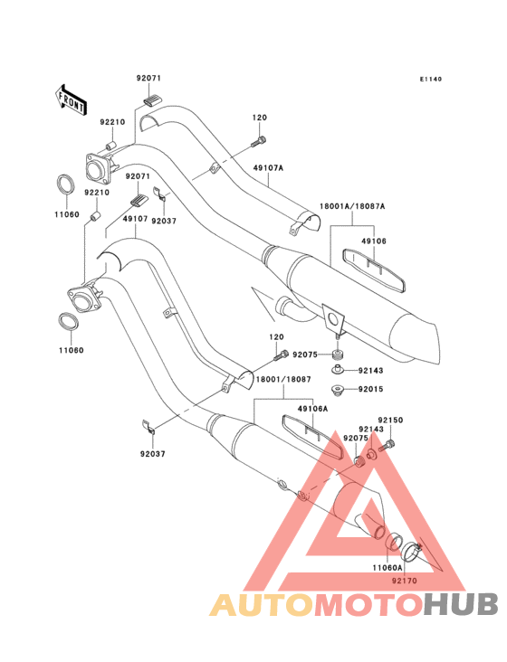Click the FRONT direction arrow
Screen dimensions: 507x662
[71, 99]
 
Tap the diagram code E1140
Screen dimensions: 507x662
[431, 79]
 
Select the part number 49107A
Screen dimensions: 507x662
[268, 168]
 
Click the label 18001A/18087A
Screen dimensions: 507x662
[352, 206]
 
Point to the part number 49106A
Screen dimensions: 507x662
[312, 409]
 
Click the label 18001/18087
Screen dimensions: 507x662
[283, 379]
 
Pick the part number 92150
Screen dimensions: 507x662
[390, 421]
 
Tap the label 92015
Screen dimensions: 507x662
[370, 389]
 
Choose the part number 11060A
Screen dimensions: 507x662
[387, 568]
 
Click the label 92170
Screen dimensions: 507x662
[405, 581]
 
